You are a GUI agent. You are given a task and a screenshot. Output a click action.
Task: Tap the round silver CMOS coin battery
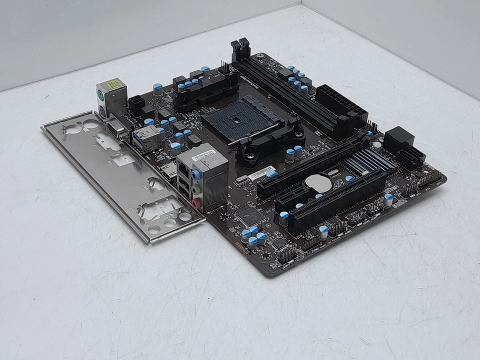(x=318, y=183)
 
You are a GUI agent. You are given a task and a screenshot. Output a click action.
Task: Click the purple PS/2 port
(x=102, y=110)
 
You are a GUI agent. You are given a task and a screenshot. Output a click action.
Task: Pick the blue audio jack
(x=196, y=175)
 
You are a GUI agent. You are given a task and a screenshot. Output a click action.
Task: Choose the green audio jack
(x=197, y=189)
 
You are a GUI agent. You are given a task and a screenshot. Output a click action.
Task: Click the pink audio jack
(x=197, y=203)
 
